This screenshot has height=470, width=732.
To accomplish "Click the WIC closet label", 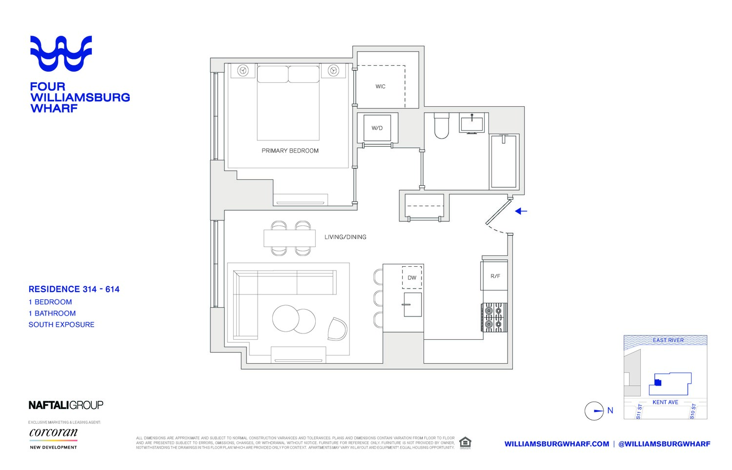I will pyautogui.click(x=380, y=86).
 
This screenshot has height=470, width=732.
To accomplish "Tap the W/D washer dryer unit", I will pyautogui.click(x=377, y=128).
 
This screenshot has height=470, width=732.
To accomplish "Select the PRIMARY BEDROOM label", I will pyautogui.click(x=290, y=151).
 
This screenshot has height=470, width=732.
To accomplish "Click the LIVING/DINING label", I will pyautogui.click(x=345, y=237).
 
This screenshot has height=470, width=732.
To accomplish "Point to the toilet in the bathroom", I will pyautogui.click(x=441, y=126).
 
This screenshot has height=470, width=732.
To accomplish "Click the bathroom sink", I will pyautogui.click(x=471, y=122).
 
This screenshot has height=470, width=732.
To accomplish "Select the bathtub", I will pyautogui.click(x=504, y=161).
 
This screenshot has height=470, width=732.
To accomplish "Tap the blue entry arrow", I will pyautogui.click(x=521, y=211).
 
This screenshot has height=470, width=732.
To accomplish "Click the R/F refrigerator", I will pyautogui.click(x=495, y=276).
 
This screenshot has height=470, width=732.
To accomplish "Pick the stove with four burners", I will pyautogui.click(x=494, y=317).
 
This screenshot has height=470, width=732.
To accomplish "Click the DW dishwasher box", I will pyautogui.click(x=412, y=277).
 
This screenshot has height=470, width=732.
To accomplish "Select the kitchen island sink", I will pyautogui.click(x=412, y=305).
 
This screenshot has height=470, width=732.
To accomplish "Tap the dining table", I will pyautogui.click(x=290, y=238).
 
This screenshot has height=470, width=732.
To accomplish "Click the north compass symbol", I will pyautogui.click(x=594, y=411).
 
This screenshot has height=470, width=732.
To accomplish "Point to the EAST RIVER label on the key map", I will pyautogui.click(x=668, y=340).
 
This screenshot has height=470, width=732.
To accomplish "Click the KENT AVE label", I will pyautogui.click(x=665, y=402).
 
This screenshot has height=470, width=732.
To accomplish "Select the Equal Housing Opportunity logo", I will pyautogui.click(x=465, y=443).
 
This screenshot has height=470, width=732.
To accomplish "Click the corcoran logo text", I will pyautogui.click(x=53, y=432).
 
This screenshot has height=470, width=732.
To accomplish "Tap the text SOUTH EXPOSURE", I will pyautogui.click(x=61, y=325).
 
